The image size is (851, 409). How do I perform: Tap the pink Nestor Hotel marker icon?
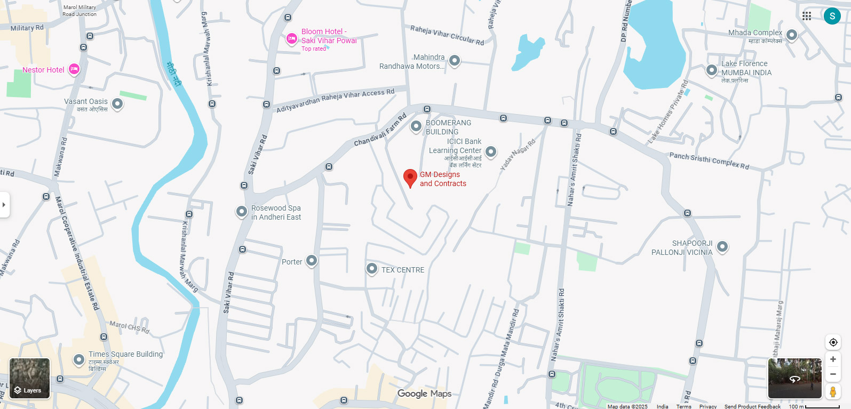click(74, 69)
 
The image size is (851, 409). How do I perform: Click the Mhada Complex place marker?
click(792, 35)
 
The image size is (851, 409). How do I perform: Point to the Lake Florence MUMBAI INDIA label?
click(746, 68)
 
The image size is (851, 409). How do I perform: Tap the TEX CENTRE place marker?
click(372, 269)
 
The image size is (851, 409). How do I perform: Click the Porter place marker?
click(312, 261)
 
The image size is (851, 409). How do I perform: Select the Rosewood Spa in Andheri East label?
click(276, 212)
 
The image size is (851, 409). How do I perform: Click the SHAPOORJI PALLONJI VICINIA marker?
click(722, 246)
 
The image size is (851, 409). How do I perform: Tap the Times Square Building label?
click(125, 354)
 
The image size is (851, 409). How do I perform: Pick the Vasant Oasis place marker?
click(117, 103)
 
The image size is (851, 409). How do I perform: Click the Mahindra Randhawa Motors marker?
click(455, 60)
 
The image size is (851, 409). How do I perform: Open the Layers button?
click(30, 379)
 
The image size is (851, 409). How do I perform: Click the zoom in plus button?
click(833, 359)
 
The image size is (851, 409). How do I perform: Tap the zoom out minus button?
click(833, 374)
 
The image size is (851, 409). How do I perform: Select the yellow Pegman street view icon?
click(833, 392)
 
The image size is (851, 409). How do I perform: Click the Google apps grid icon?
click(807, 16)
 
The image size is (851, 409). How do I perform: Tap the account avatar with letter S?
click(832, 16)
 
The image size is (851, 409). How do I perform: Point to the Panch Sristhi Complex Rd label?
click(709, 161)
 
